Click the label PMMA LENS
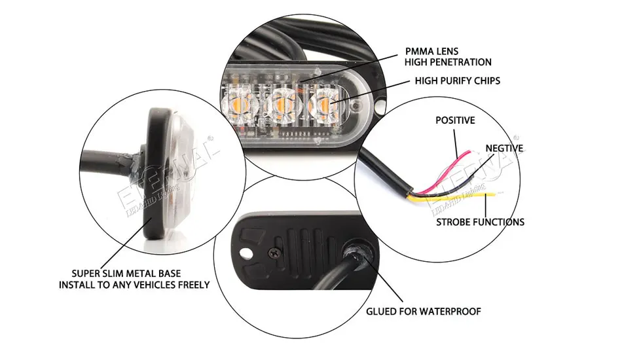click(x=433, y=51)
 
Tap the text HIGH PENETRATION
click(x=448, y=62)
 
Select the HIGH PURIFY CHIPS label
click(x=457, y=81)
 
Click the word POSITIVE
click(x=455, y=120)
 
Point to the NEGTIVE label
click(x=504, y=149)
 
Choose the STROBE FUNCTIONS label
click(x=480, y=222)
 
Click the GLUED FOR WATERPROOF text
click(x=423, y=311)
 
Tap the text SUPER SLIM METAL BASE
click(x=126, y=273)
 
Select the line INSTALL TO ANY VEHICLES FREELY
click(x=134, y=285)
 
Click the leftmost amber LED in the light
click(x=241, y=100)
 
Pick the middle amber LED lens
click(x=283, y=101)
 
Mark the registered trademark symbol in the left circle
click(x=211, y=137)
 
